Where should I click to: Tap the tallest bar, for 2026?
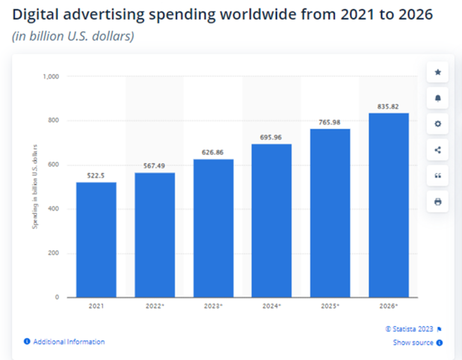click(389, 205)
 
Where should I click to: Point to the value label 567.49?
click(155, 166)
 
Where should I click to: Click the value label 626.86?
click(213, 153)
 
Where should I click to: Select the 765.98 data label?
click(330, 123)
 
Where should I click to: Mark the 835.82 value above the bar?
click(389, 107)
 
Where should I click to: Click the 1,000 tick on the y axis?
click(51, 77)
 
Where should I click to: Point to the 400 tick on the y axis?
click(54, 209)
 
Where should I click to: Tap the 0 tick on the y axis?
click(57, 297)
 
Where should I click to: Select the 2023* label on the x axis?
click(213, 307)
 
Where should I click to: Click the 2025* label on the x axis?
click(330, 307)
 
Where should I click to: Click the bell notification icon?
click(437, 98)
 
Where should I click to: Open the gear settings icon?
click(437, 124)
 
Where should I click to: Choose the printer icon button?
click(437, 202)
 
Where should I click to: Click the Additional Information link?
click(69, 342)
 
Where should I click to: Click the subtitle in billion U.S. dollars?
click(73, 36)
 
